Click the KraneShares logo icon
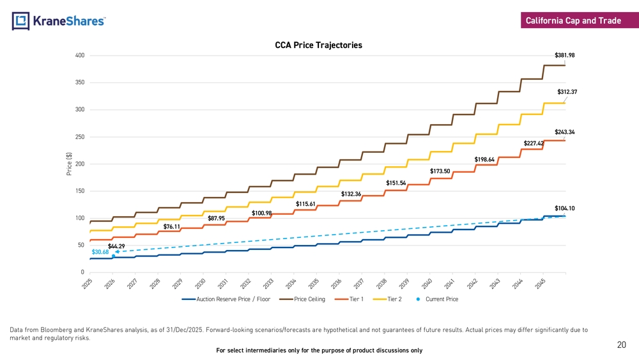pyautogui.click(x=20, y=21)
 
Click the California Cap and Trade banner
pyautogui.click(x=573, y=21)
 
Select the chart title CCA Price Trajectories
pyautogui.click(x=318, y=45)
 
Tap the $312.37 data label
pyautogui.click(x=567, y=92)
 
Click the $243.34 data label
pyautogui.click(x=564, y=132)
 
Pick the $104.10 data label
pyautogui.click(x=564, y=208)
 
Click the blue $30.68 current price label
pyautogui.click(x=100, y=252)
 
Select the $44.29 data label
pyautogui.click(x=116, y=246)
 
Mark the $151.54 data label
pyautogui.click(x=396, y=183)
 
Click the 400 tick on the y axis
pyautogui.click(x=80, y=56)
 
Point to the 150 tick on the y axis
pyautogui.click(x=80, y=191)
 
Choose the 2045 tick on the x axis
pyautogui.click(x=540, y=283)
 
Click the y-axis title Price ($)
pyautogui.click(x=69, y=164)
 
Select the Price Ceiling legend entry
pyautogui.click(x=309, y=299)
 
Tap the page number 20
pyautogui.click(x=621, y=345)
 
